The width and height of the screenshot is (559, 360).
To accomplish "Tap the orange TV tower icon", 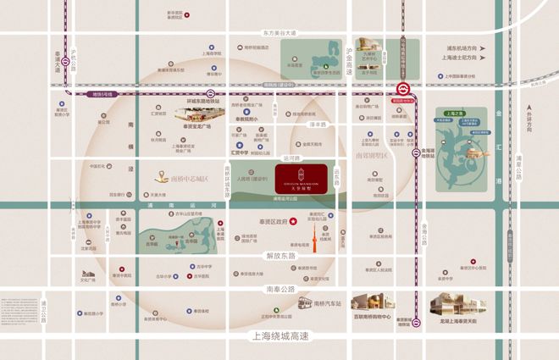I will click(x=320, y=241).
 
